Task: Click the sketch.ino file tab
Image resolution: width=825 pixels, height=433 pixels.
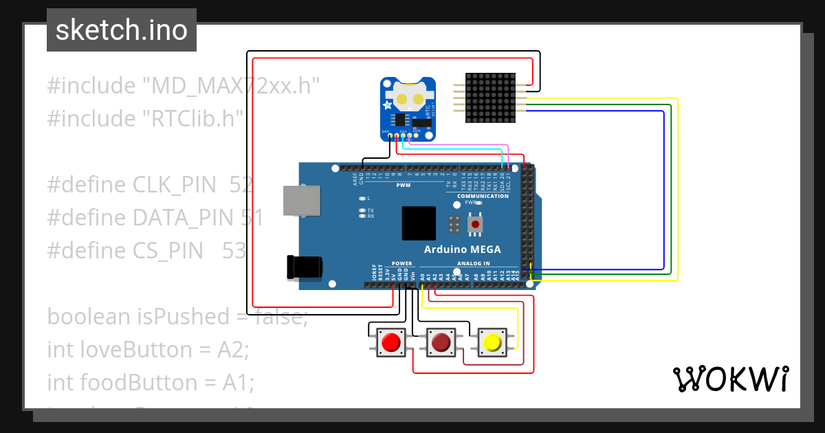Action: (x=122, y=30)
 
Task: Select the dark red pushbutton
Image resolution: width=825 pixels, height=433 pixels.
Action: (x=441, y=342)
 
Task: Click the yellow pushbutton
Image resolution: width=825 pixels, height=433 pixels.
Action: (x=492, y=342)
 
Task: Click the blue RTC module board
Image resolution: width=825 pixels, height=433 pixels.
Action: (x=408, y=109)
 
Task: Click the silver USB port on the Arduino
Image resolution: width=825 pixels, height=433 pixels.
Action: (x=301, y=201)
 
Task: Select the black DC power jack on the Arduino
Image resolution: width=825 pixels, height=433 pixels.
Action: (x=305, y=267)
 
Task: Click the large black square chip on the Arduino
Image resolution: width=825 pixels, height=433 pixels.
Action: (x=419, y=223)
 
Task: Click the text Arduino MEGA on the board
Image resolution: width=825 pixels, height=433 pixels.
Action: (x=462, y=249)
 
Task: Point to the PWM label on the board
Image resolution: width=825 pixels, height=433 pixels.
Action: (x=403, y=186)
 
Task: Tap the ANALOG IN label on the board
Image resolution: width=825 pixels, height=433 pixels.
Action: (x=473, y=263)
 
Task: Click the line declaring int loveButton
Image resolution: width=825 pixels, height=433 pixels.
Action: (x=148, y=349)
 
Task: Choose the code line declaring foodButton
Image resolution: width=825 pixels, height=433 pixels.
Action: (x=151, y=382)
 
